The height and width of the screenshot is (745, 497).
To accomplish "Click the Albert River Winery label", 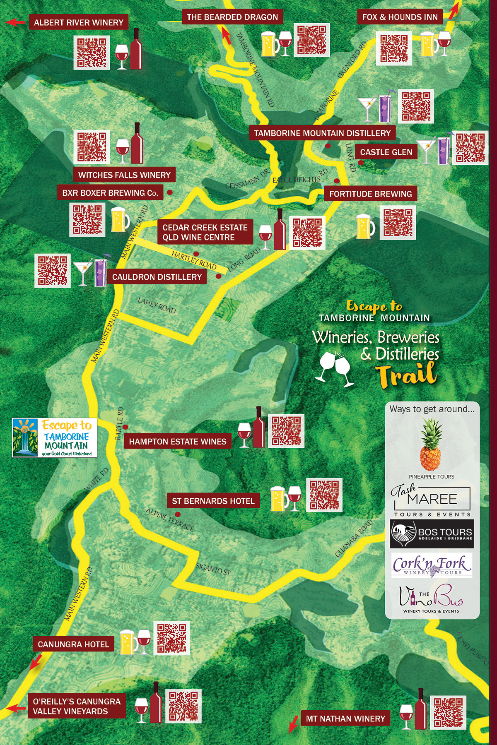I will click(x=78, y=22).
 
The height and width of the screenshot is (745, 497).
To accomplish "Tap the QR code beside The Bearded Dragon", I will click(x=311, y=40).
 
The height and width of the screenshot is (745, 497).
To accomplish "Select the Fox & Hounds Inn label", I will click(x=400, y=17).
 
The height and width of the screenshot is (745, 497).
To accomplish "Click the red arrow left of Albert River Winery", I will click(x=16, y=22).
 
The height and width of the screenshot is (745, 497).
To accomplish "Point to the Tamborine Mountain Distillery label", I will click(x=322, y=133).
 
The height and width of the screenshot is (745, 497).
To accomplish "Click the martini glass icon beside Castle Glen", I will click(x=426, y=151).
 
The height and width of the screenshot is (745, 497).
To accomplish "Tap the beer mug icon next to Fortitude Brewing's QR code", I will click(x=366, y=226).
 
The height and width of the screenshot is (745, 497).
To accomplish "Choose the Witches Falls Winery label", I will click(x=124, y=175).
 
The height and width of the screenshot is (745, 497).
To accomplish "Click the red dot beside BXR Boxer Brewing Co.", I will click(x=169, y=192).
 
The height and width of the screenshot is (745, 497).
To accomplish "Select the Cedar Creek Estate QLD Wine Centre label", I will click(x=205, y=232).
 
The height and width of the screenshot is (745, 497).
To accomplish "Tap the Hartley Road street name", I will click(x=194, y=260).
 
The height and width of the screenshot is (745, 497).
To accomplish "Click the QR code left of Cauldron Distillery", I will click(x=52, y=270).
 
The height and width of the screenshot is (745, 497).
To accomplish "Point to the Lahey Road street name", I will click(x=157, y=305).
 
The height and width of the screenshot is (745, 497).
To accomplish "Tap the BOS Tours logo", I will click(x=432, y=534).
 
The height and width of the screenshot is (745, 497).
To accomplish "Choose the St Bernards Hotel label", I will click(x=213, y=501).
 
